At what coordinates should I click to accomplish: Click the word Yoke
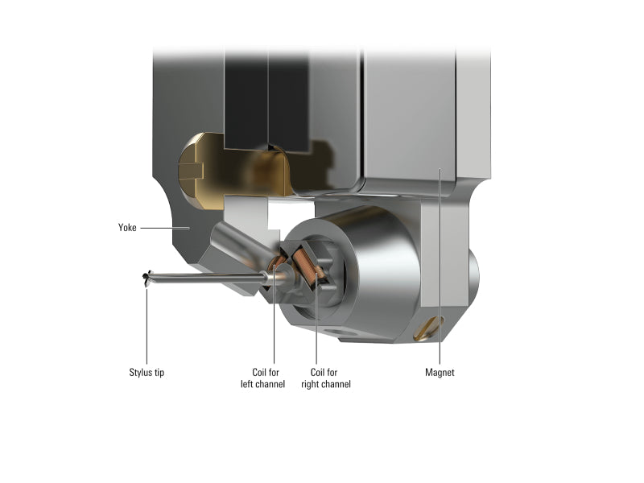[127, 228]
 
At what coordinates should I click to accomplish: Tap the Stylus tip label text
[147, 373]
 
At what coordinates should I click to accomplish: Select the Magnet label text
[440, 373]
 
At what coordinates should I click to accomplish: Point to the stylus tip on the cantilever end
[146, 278]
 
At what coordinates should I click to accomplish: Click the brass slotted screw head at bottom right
[428, 328]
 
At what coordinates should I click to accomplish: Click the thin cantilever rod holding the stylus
[205, 279]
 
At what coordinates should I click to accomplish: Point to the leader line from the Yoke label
[165, 228]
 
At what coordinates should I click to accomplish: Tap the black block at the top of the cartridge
[266, 97]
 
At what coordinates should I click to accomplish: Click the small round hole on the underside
[333, 331]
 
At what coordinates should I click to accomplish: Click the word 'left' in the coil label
[258, 384]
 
